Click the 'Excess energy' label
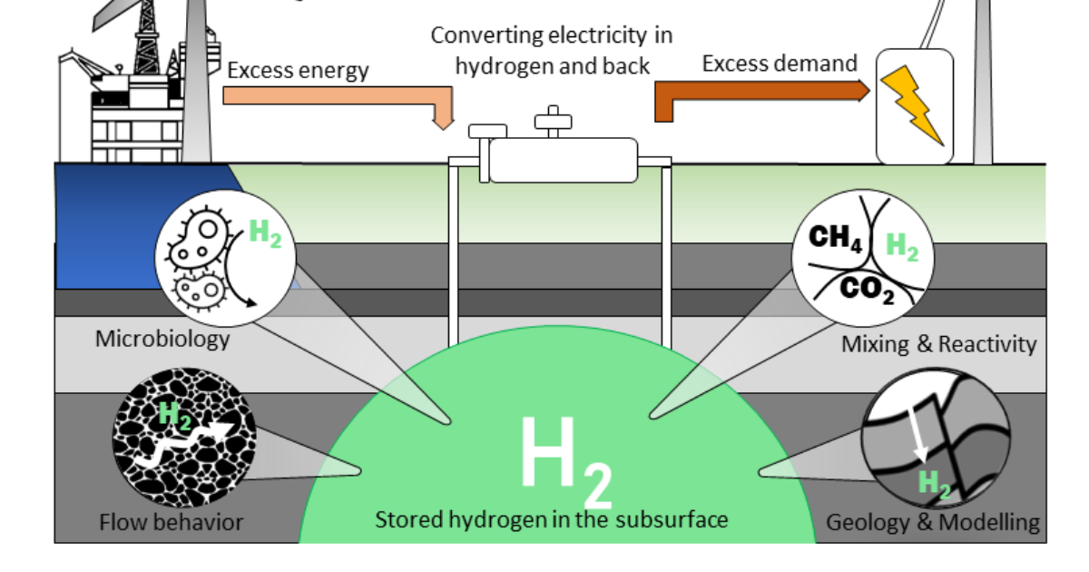[x=298, y=70]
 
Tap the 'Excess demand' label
[x=780, y=64]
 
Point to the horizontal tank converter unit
[x=563, y=160]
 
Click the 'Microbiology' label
[x=162, y=339]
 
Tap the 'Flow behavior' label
[x=171, y=522]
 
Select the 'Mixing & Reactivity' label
[x=938, y=344]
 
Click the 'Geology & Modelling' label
[x=932, y=522]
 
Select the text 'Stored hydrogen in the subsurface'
[x=551, y=519]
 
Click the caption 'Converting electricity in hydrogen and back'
[x=551, y=50]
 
